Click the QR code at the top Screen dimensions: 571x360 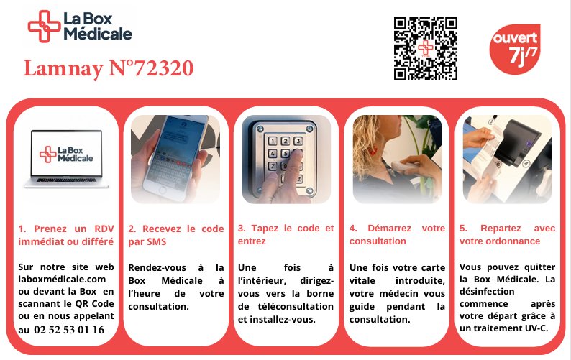[x=425, y=48]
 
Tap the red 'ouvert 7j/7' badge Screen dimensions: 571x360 [x=515, y=49]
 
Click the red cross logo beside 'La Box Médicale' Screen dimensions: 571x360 [x=44, y=26]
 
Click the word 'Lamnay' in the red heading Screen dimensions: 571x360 [x=63, y=69]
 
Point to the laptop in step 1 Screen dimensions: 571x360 [x=66, y=159]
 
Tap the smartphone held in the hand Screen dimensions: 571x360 [x=175, y=157]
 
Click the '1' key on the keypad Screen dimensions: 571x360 [x=273, y=141]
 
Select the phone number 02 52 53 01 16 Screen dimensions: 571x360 [x=69, y=330]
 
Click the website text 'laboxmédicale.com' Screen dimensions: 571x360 [x=62, y=280]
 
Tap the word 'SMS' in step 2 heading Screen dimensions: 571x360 [x=157, y=241]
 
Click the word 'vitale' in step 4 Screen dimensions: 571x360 [x=362, y=281]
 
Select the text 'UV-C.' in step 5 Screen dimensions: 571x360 [x=536, y=328]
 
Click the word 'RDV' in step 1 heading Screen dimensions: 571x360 [x=104, y=229]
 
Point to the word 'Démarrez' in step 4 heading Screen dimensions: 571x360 [x=389, y=229]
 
